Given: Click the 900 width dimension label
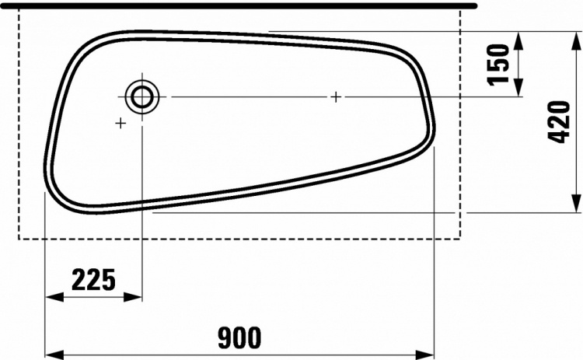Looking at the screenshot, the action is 240,338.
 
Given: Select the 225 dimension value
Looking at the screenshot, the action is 94,280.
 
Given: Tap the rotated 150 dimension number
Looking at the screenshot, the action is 498,65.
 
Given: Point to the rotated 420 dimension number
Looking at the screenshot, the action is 559,121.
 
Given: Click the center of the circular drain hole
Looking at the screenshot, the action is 142,96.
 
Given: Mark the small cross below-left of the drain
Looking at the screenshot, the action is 120,123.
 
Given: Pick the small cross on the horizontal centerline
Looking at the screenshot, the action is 336,97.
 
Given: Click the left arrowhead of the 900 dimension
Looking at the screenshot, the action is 54,355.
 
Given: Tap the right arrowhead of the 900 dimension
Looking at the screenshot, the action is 424,355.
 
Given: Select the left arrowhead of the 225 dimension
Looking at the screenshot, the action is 54,297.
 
